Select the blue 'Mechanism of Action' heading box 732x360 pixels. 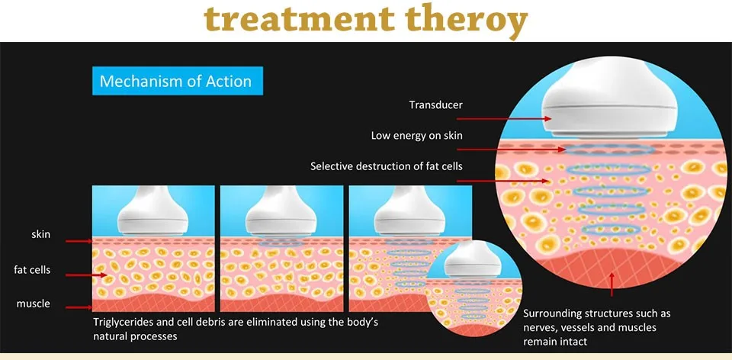pyautogui.click(x=175, y=81)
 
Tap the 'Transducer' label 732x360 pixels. pyautogui.click(x=435, y=105)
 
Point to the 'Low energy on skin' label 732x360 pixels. pyautogui.click(x=416, y=136)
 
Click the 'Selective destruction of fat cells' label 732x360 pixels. pyautogui.click(x=387, y=166)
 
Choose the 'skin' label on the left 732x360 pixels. pyautogui.click(x=40, y=234)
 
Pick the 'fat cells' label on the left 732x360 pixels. pyautogui.click(x=32, y=269)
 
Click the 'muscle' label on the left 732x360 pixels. pyautogui.click(x=33, y=304)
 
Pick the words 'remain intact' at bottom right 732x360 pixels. pyautogui.click(x=555, y=342)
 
